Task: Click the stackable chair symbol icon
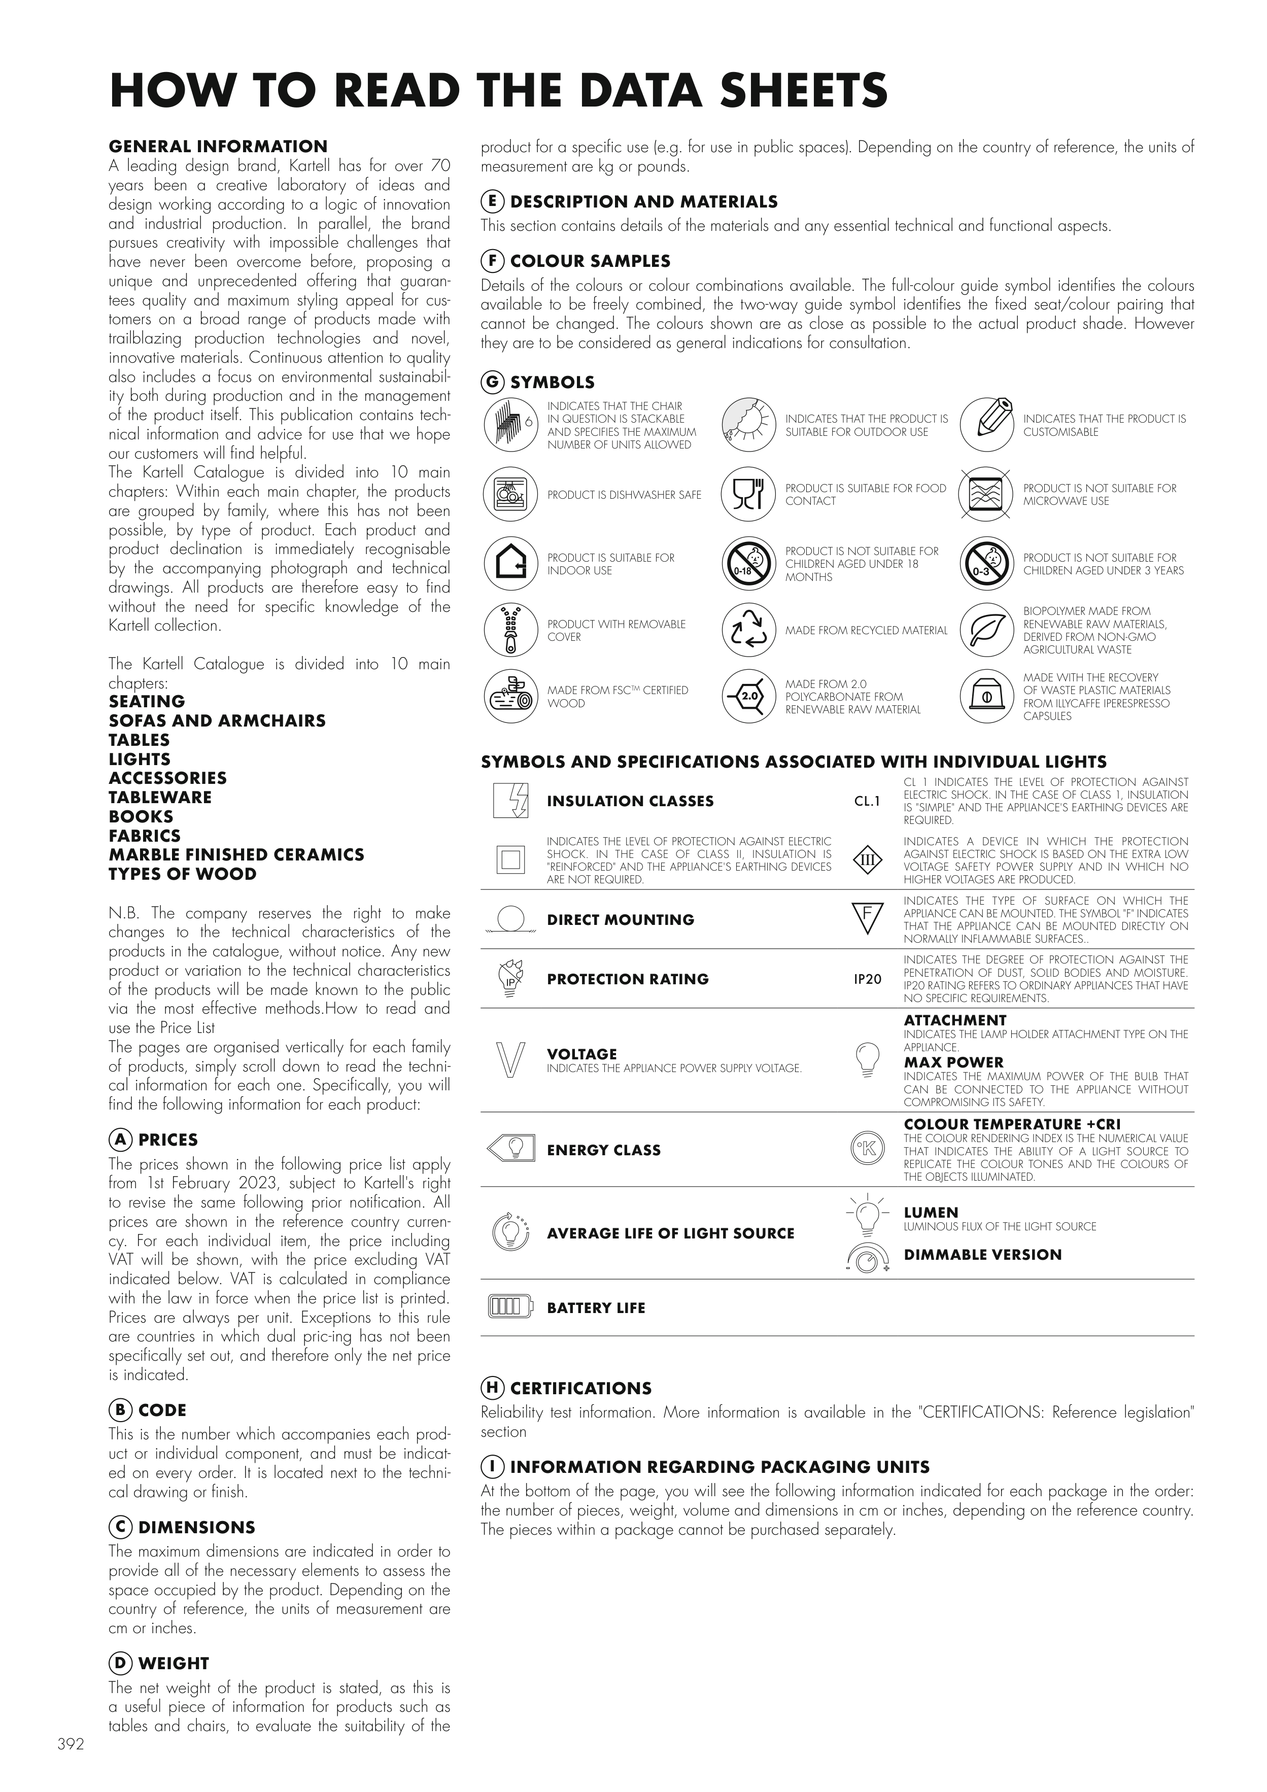click(x=510, y=425)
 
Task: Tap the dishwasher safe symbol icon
click(x=510, y=494)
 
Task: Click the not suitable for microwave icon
click(x=986, y=494)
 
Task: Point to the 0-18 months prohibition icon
click(x=748, y=564)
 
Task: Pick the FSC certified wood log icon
click(x=510, y=696)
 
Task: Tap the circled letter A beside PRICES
click(x=119, y=1140)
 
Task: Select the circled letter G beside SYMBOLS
click(x=492, y=382)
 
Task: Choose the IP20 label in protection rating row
click(x=867, y=979)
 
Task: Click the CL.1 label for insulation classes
click(x=867, y=801)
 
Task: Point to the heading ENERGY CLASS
click(x=603, y=1150)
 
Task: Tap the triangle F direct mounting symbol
click(x=867, y=918)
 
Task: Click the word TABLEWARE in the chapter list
click(x=160, y=797)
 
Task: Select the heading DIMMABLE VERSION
click(x=982, y=1254)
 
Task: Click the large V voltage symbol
click(x=510, y=1060)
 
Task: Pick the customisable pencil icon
click(x=986, y=425)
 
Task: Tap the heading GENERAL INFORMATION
click(x=218, y=147)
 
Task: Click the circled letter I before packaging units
click(x=492, y=1467)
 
